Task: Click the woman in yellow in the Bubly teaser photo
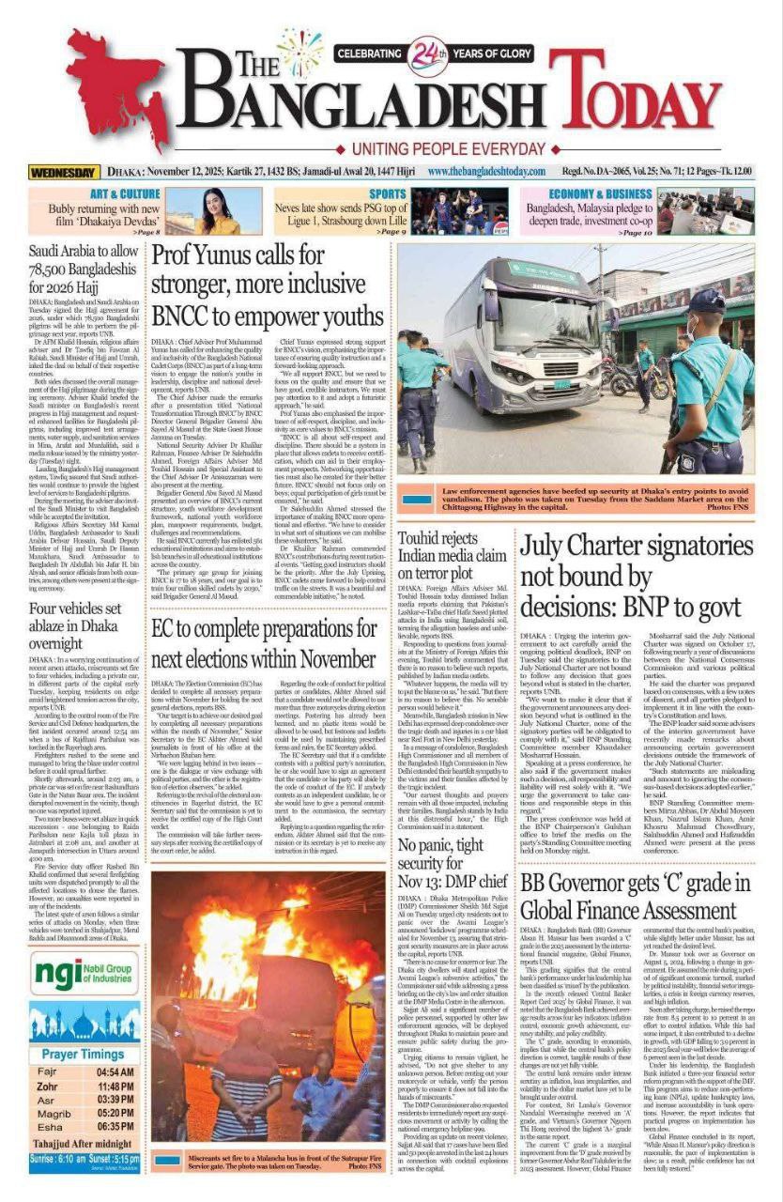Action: [x=214, y=213]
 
